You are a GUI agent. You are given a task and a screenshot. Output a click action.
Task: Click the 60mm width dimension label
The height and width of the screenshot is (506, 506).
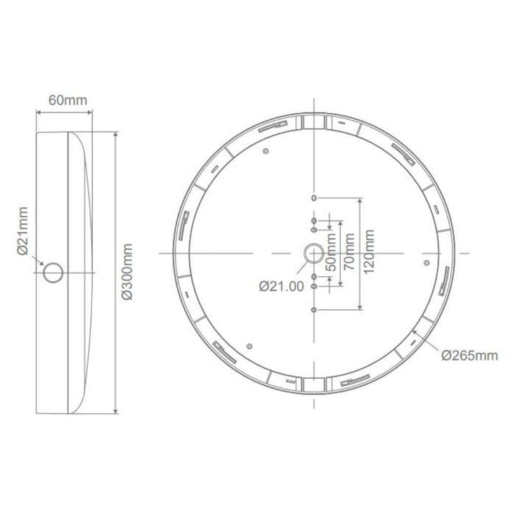pos(67,100)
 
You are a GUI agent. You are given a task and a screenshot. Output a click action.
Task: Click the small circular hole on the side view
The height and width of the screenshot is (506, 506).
pos(53,273)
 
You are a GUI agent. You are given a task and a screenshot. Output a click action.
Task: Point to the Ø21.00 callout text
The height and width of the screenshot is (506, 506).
pos(280,286)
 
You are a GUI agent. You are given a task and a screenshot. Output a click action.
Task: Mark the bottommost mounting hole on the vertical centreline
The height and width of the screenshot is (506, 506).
pos(313,308)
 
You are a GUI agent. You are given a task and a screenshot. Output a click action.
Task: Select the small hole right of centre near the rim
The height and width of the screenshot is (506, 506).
pos(427,261)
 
